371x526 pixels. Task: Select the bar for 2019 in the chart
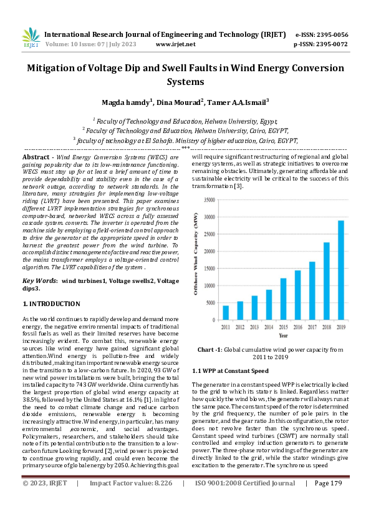coord(341,270)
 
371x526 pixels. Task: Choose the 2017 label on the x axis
coord(312,327)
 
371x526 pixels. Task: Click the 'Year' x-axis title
coord(283,335)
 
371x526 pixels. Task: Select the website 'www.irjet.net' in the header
coord(175,44)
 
